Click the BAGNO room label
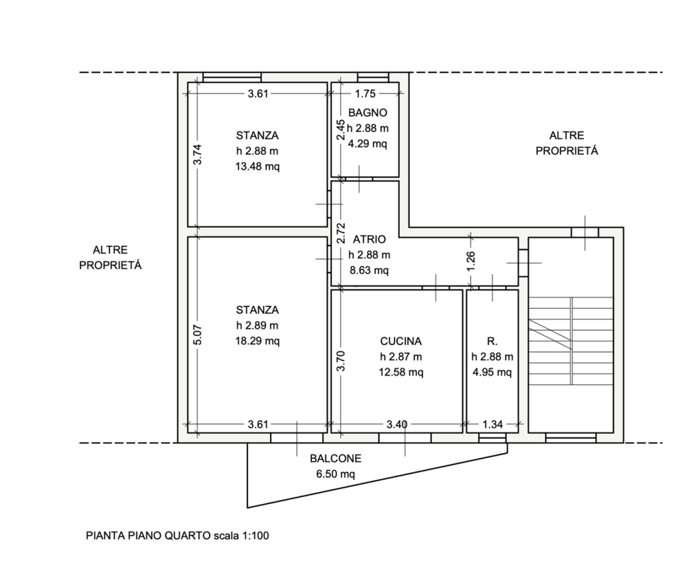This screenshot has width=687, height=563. [x=368, y=113]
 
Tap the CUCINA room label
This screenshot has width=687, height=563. [x=401, y=341]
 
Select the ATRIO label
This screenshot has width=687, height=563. [x=370, y=239]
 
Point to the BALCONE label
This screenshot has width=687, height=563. [x=336, y=459]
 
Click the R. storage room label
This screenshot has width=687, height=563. [x=492, y=341]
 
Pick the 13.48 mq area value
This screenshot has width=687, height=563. [x=257, y=166]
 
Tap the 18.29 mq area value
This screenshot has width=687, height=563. [x=257, y=341]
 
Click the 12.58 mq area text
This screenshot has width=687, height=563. [x=401, y=373]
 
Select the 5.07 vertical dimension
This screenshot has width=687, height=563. [x=198, y=335]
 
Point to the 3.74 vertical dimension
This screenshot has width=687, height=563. [x=198, y=155]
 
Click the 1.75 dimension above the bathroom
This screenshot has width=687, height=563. [x=365, y=93]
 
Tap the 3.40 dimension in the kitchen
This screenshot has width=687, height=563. [x=397, y=424]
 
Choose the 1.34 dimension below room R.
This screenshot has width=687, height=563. [x=493, y=424]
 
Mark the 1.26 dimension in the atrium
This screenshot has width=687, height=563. [x=471, y=261]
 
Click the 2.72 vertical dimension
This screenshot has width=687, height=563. [x=341, y=233]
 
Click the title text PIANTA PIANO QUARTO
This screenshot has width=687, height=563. [x=148, y=536]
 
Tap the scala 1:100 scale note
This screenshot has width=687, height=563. [x=241, y=536]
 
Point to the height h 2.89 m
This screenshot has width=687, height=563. [x=257, y=325]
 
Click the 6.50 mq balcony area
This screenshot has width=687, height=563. [x=336, y=474]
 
